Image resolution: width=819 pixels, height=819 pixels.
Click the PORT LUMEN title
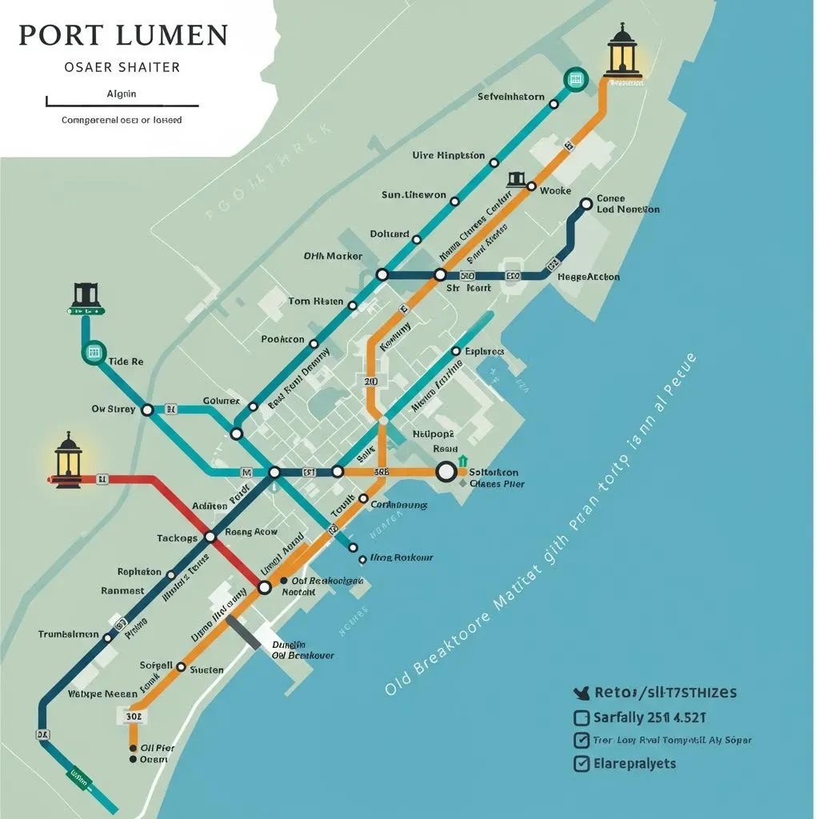point(123,36)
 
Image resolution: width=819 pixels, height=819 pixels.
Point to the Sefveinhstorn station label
point(511,97)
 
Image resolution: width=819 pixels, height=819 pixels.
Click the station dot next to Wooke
point(530,186)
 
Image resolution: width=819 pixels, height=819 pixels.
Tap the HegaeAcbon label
point(588,277)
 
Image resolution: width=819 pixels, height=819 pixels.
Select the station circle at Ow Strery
point(147,409)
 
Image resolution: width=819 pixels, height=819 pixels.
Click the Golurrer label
point(221,400)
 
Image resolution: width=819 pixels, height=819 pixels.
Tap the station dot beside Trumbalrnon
point(107,637)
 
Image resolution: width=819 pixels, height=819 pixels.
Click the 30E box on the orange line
point(134,717)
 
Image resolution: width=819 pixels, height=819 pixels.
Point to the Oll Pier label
point(158,748)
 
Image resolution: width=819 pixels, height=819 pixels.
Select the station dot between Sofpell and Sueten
point(182,666)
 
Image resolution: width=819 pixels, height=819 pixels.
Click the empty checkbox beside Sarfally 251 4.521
point(581,717)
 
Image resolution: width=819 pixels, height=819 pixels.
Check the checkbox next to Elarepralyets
point(581,763)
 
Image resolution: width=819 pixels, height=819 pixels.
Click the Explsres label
point(483,351)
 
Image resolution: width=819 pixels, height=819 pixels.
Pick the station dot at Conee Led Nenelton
point(585,204)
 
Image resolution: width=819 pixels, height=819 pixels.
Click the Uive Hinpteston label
point(448,155)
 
